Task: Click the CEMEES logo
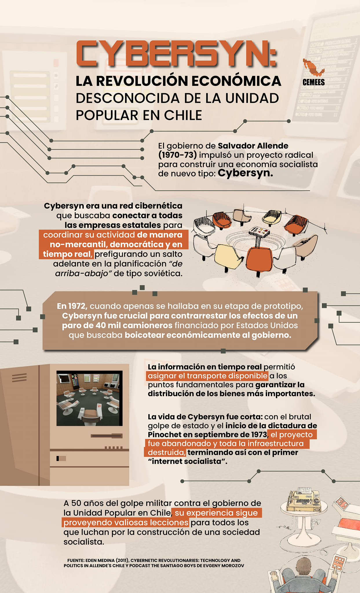313,72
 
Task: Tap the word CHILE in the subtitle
183,115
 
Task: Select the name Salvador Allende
253,146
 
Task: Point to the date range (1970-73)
177,155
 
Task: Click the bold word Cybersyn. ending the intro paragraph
245,173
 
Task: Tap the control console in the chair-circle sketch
259,232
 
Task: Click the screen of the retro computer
89,398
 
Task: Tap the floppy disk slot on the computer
107,436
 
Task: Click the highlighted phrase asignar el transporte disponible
207,376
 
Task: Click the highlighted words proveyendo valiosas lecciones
126,523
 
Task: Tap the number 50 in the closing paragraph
76,503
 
